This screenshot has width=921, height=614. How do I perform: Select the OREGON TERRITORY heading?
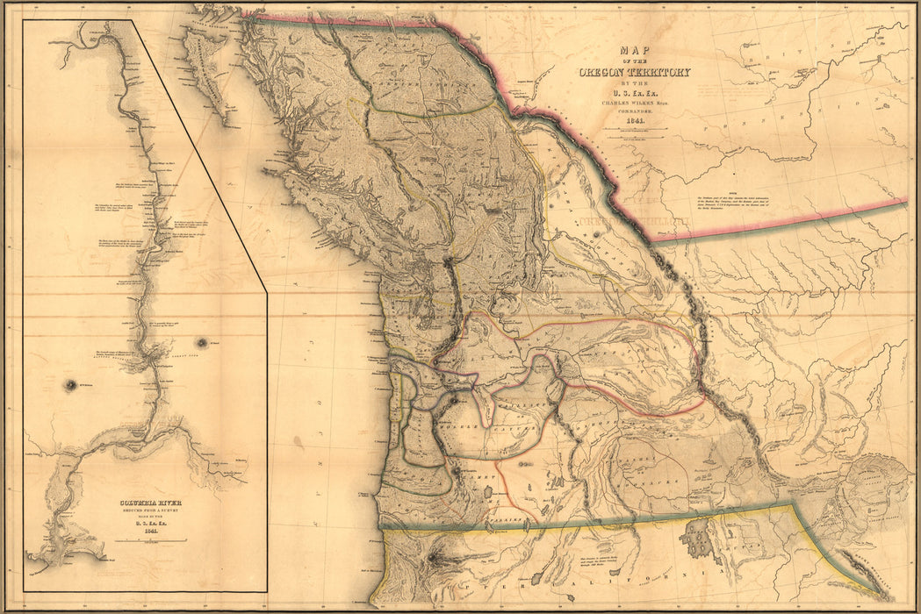634,72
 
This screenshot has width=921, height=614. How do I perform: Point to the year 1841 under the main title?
634,119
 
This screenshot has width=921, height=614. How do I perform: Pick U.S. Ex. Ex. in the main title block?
634,91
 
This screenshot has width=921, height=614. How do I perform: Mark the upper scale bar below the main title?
634,129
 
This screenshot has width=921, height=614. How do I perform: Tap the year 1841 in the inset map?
144,530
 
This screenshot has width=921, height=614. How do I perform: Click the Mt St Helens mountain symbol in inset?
68,384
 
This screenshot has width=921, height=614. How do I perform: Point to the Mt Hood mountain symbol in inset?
203,341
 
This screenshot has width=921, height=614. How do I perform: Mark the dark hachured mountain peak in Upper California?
435,558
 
